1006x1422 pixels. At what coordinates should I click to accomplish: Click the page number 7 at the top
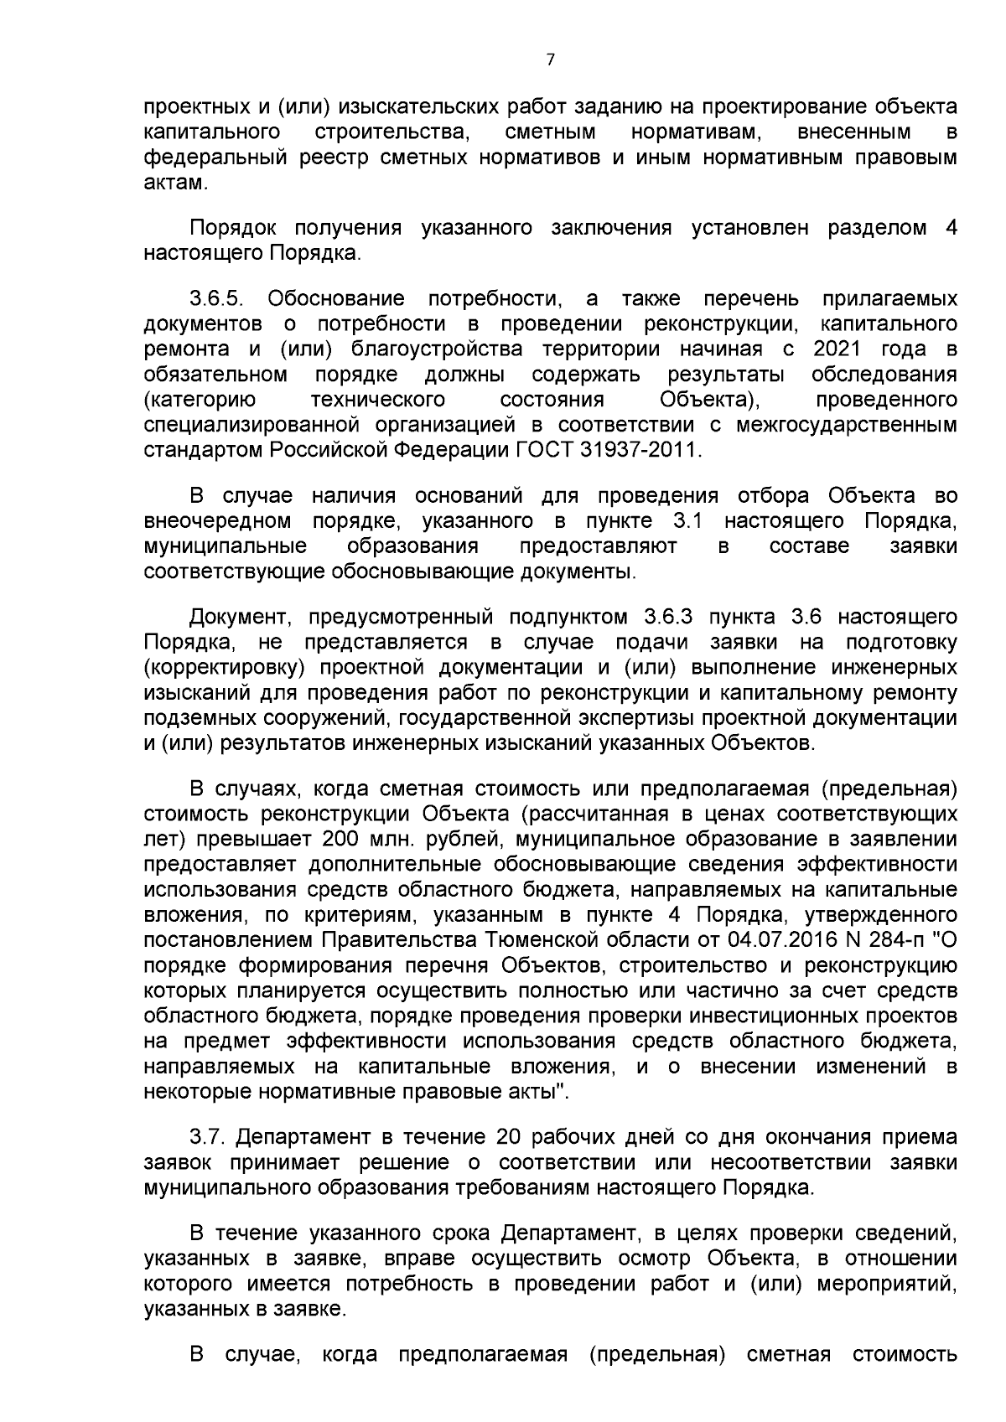(x=550, y=59)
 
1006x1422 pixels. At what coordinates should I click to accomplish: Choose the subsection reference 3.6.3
(x=668, y=618)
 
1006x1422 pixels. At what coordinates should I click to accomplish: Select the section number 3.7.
(x=208, y=1137)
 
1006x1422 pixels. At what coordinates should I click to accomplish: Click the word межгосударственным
(x=847, y=425)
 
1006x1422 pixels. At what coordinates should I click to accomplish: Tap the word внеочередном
(x=218, y=521)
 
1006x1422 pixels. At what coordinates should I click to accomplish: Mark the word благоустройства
(x=438, y=349)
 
